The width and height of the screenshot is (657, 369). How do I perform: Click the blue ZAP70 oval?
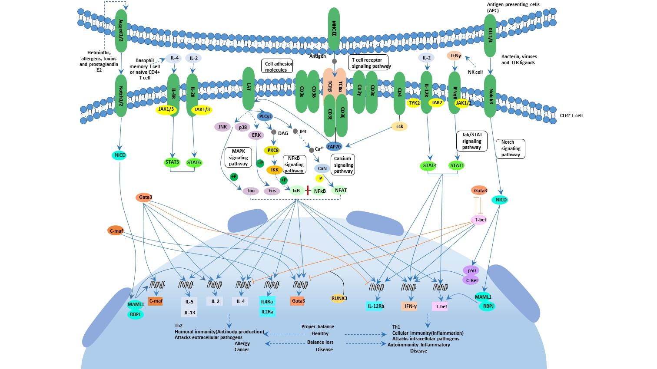coord(334,147)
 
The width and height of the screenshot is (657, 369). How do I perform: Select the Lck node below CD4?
coord(399,127)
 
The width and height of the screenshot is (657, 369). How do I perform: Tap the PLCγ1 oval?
coord(265,116)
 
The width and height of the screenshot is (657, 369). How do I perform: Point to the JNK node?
coord(222,127)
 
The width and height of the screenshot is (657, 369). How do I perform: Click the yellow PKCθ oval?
coord(273,151)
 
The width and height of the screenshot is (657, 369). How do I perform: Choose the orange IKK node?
coord(275,170)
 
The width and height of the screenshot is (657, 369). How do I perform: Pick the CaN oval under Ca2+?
coord(322,168)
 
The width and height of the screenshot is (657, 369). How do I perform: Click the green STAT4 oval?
coord(429,165)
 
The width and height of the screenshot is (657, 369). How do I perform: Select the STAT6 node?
coord(194,163)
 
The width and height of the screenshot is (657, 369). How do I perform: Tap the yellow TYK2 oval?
coord(414,103)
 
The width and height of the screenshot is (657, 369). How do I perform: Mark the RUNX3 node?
coord(339,298)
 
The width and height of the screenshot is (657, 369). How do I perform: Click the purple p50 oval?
coord(471,270)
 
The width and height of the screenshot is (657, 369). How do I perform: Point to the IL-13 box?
coord(189,312)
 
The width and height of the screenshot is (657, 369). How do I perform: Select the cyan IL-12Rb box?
coord(375,306)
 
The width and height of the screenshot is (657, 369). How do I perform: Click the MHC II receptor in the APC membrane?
coord(334,29)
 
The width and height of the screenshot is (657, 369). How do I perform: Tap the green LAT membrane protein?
coord(249,88)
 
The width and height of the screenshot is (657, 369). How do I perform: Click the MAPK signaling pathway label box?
coord(238,158)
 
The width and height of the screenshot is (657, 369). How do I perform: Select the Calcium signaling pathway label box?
coord(343,165)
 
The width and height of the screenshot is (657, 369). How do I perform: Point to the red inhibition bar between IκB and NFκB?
coord(308,191)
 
